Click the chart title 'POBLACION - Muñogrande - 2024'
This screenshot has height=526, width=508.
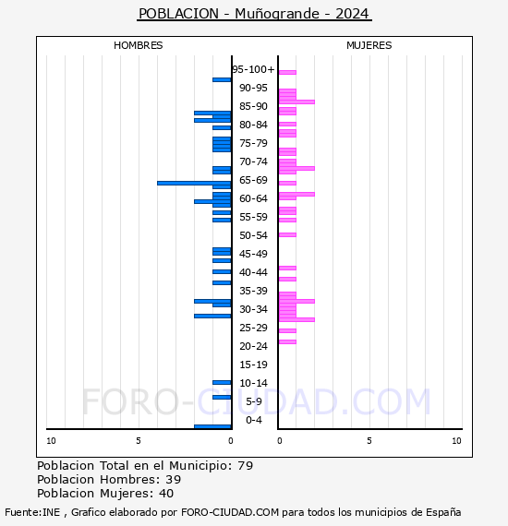tap(254, 14)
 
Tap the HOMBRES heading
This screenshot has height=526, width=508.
tap(138, 45)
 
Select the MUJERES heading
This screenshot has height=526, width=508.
tap(369, 45)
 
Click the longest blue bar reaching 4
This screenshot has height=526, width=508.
tap(194, 183)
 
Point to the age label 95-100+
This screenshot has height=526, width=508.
tap(253, 69)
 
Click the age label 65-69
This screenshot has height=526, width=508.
tap(253, 180)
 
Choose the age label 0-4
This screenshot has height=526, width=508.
tap(253, 420)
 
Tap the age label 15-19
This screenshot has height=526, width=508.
tap(253, 365)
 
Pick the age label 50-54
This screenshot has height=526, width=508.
tap(253, 235)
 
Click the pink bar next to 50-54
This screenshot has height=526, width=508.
tap(287, 234)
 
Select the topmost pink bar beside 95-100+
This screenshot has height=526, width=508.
tap(287, 72)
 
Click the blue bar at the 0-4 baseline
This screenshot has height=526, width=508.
tap(212, 426)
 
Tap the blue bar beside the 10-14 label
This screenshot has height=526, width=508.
tap(222, 382)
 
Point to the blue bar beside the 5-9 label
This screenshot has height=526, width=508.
tap(222, 397)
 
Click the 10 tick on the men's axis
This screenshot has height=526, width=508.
tap(51, 441)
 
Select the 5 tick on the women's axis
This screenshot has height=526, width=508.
tap(369, 441)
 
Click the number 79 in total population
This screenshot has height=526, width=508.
tap(246, 466)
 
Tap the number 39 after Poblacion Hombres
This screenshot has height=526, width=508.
tap(174, 480)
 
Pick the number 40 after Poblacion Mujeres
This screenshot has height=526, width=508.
tap(166, 494)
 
